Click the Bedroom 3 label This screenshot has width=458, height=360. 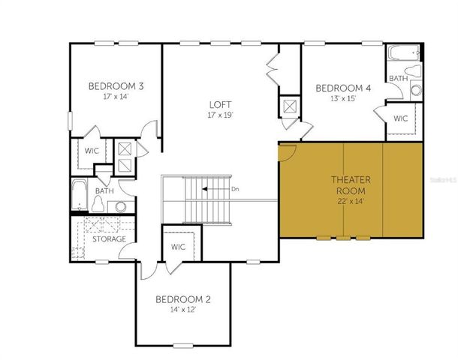pyautogui.click(x=116, y=85)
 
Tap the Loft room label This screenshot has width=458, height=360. pyautogui.click(x=220, y=105)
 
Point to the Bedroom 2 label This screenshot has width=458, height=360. pyautogui.click(x=182, y=299)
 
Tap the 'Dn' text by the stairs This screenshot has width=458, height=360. pyautogui.click(x=236, y=189)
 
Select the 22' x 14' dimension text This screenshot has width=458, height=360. pyautogui.click(x=348, y=201)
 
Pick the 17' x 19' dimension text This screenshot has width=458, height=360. pyautogui.click(x=220, y=115)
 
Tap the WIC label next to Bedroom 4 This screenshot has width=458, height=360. pyautogui.click(x=400, y=118)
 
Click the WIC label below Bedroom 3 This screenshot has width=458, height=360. pyautogui.click(x=92, y=151)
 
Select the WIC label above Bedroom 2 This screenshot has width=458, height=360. pyautogui.click(x=178, y=247)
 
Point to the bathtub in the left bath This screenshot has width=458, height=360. pyautogui.click(x=79, y=196)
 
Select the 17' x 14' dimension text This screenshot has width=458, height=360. pyautogui.click(x=116, y=96)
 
